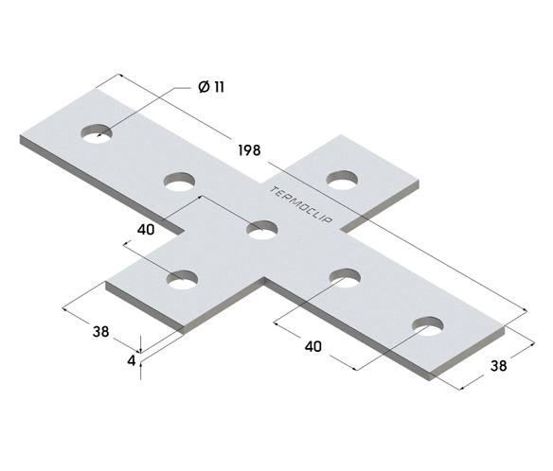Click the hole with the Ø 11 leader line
click(96, 134)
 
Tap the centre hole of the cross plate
click(262, 228)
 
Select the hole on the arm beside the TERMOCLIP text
click(342, 178)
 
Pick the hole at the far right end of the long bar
click(428, 326)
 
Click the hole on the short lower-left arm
click(183, 279)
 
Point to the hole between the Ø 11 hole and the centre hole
click(179, 181)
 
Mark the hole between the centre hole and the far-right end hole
click(345, 277)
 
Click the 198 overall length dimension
click(250, 150)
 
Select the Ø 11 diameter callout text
click(211, 87)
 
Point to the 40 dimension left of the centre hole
click(145, 230)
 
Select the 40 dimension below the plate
click(312, 346)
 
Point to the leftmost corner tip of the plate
click(21, 137)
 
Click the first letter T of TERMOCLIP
click(274, 188)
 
